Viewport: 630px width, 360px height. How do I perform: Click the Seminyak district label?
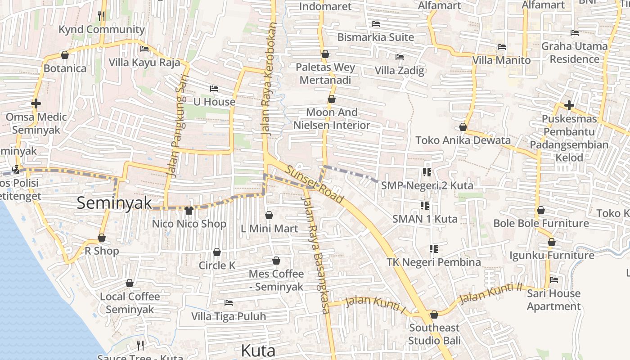point(115,203)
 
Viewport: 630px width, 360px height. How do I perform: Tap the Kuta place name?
point(258,350)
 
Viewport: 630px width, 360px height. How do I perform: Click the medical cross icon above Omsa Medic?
point(36,103)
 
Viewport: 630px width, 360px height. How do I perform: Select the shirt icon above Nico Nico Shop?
point(189,210)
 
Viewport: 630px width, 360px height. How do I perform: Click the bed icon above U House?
point(214,89)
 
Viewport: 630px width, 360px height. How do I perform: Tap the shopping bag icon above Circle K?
point(217,252)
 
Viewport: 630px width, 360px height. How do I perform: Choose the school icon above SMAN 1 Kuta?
point(424,206)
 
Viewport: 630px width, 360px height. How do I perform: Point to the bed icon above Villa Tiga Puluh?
point(229,303)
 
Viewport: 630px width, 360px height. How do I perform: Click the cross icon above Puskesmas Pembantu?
point(569,106)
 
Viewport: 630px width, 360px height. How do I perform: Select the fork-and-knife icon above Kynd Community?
point(101,17)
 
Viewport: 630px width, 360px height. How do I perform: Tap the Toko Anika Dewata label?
point(463,140)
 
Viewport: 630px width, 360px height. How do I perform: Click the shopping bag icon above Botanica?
point(65,55)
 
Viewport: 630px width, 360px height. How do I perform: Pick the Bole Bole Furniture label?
point(541,223)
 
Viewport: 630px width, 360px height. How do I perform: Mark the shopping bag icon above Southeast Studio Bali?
point(434,315)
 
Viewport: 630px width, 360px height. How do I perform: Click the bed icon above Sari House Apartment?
point(554,280)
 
